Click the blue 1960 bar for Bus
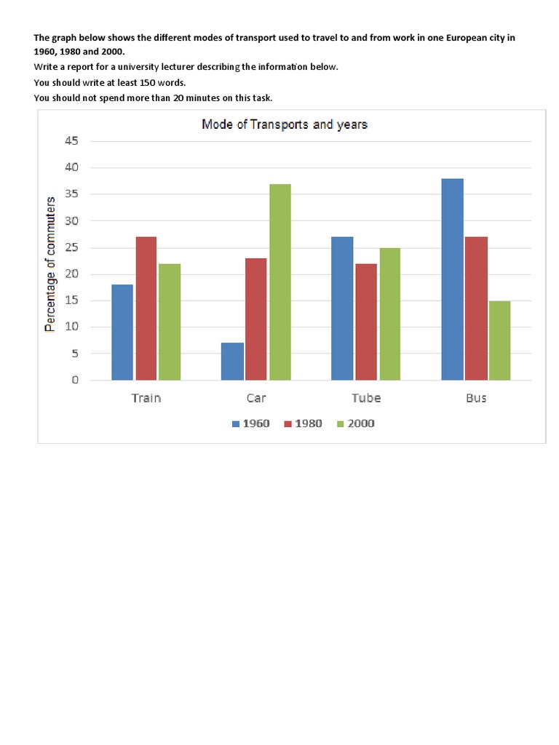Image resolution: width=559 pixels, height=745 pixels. tap(452, 279)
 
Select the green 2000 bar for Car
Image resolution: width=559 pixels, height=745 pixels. tap(279, 282)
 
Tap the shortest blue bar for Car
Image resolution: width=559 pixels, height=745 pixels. tap(231, 362)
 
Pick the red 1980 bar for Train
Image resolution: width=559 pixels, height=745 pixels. tap(146, 308)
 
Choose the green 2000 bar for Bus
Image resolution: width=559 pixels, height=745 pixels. tap(499, 340)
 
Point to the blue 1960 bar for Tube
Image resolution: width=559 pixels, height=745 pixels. tap(342, 308)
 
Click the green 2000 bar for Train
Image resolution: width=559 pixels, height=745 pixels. tap(170, 322)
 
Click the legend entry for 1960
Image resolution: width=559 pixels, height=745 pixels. tap(250, 423)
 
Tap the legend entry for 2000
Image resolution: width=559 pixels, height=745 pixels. tap(355, 423)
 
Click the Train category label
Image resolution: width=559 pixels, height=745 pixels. tap(146, 398)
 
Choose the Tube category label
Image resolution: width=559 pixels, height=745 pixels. tap(365, 398)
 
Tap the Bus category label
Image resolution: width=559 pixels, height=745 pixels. tap(475, 398)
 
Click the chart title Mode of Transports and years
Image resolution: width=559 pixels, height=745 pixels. tap(285, 124)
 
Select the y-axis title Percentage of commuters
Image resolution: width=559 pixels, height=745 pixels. tap(50, 264)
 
